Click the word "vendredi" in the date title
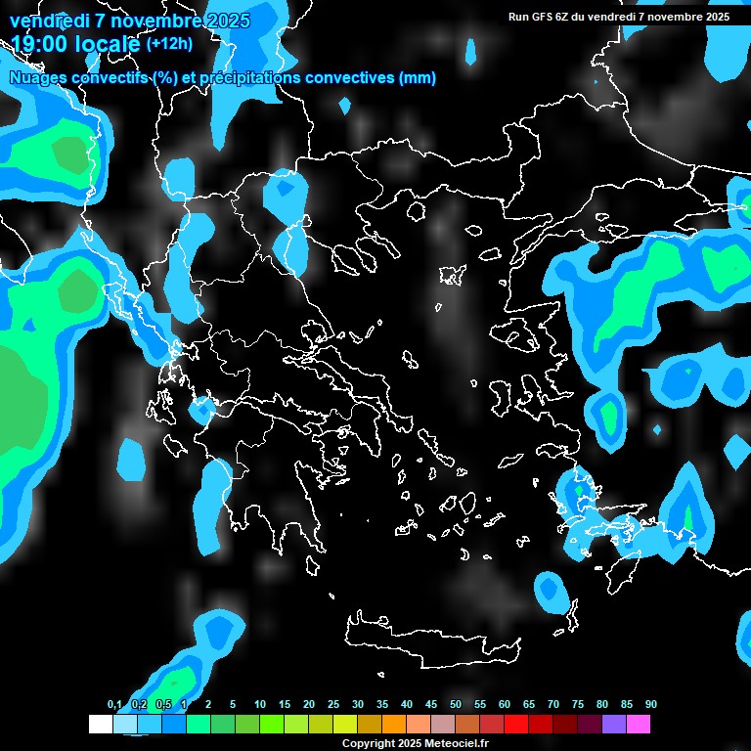pyautogui.click(x=45, y=21)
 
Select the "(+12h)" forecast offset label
pyautogui.click(x=169, y=43)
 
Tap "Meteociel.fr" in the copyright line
pyautogui.click(x=439, y=744)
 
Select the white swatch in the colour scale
pyautogui.click(x=101, y=724)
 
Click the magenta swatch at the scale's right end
pyautogui.click(x=639, y=724)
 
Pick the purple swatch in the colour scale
pyautogui.click(x=614, y=724)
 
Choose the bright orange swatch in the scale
pyautogui.click(x=394, y=724)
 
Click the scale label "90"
pyautogui.click(x=651, y=704)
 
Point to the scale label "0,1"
pyautogui.click(x=114, y=704)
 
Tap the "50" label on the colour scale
pyautogui.click(x=456, y=704)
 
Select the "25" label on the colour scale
pyautogui.click(x=333, y=704)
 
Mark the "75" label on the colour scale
pyautogui.click(x=578, y=704)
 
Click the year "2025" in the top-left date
pyautogui.click(x=225, y=21)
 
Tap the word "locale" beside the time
pyautogui.click(x=107, y=44)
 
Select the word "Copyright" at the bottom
pyautogui.click(x=369, y=744)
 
